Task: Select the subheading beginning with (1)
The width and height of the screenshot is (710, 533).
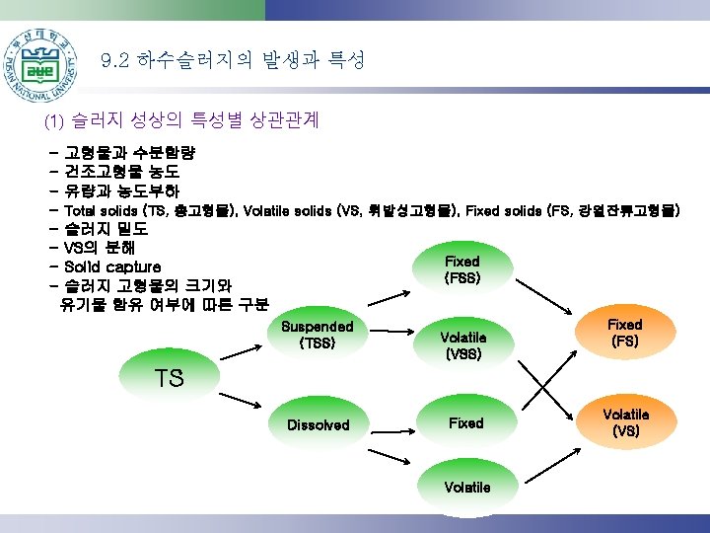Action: click(x=181, y=120)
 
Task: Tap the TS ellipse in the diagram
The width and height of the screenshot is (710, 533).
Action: click(x=170, y=378)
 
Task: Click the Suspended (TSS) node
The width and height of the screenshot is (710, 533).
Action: click(x=317, y=335)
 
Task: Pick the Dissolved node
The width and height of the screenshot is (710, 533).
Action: click(x=318, y=424)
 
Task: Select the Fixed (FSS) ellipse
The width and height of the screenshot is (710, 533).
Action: click(x=461, y=269)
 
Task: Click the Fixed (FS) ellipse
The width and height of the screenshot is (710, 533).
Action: click(x=623, y=333)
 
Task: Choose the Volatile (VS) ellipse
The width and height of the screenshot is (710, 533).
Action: click(x=625, y=422)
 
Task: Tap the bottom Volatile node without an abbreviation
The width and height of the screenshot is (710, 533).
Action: click(x=466, y=487)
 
